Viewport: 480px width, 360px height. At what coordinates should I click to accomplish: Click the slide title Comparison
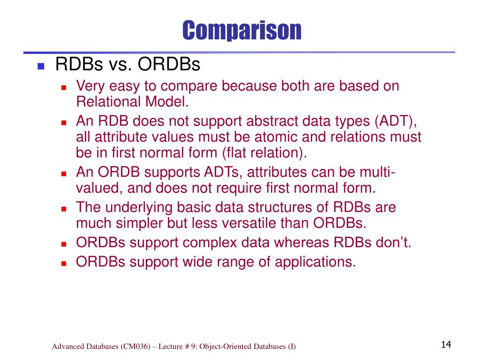(242, 30)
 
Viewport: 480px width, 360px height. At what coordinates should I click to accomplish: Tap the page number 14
(446, 345)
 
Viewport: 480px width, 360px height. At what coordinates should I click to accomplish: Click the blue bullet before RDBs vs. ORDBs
(41, 66)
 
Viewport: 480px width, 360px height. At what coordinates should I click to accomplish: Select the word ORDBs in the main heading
(169, 64)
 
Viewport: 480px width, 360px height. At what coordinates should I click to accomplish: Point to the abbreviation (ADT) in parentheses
(396, 121)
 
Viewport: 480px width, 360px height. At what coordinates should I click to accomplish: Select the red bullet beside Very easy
(64, 88)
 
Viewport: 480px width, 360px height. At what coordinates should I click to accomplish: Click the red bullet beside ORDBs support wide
(64, 263)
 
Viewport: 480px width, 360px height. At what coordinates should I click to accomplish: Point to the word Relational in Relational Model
(108, 102)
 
